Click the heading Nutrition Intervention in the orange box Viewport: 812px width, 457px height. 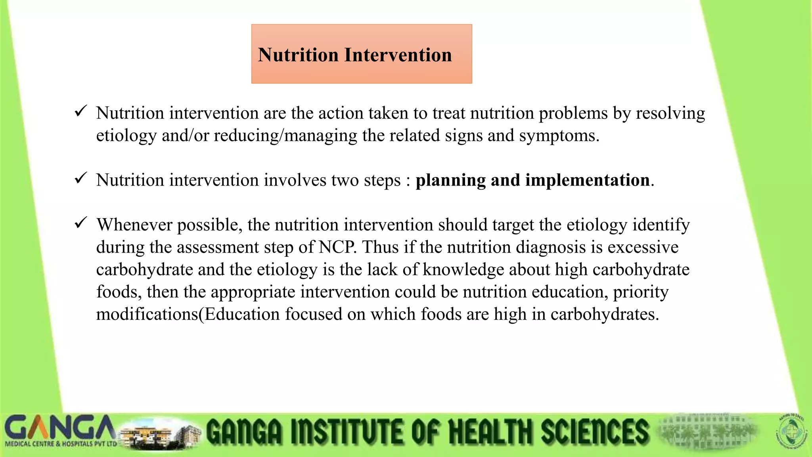355,55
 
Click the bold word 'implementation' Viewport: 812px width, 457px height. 588,180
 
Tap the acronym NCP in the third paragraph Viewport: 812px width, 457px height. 337,247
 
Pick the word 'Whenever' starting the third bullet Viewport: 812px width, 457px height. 134,225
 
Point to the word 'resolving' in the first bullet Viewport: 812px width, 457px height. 670,114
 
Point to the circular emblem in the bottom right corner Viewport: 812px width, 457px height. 791,432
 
